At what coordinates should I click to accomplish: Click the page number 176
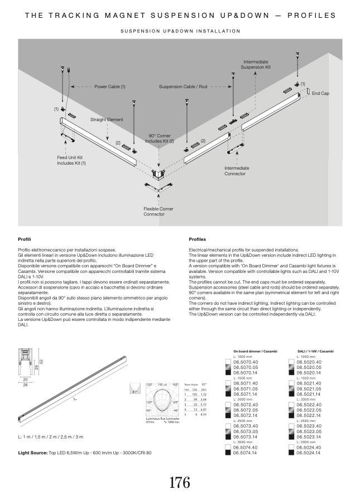click(180, 482)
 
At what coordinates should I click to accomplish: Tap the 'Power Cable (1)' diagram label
click(109, 87)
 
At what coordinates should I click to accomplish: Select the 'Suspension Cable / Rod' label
click(183, 87)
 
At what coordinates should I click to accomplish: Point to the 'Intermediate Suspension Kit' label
click(255, 64)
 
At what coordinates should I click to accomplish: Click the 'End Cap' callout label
click(320, 93)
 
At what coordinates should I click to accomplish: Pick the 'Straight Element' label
click(107, 119)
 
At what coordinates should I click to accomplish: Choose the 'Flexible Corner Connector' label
click(158, 212)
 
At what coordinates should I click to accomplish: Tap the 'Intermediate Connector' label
click(235, 171)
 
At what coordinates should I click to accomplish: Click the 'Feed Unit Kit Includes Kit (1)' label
click(71, 160)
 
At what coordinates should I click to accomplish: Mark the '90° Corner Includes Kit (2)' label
click(160, 138)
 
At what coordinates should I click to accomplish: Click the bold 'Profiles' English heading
click(198, 238)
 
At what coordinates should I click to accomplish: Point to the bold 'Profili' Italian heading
click(24, 238)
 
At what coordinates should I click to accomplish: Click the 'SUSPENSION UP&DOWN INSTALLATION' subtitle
click(180, 31)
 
